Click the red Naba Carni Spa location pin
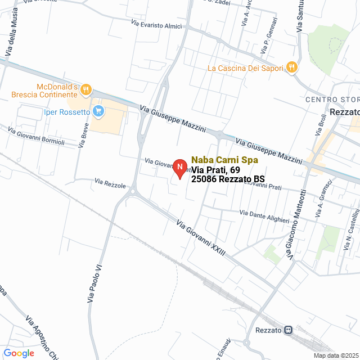click(x=179, y=168)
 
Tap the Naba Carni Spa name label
click(x=224, y=160)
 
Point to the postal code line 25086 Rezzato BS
click(x=228, y=179)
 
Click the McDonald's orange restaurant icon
click(x=85, y=89)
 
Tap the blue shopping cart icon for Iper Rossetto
click(x=98, y=111)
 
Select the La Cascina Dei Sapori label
click(x=246, y=69)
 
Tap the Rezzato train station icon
click(x=289, y=330)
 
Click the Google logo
click(x=19, y=353)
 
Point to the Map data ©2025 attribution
click(x=336, y=355)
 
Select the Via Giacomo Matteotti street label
click(x=296, y=225)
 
